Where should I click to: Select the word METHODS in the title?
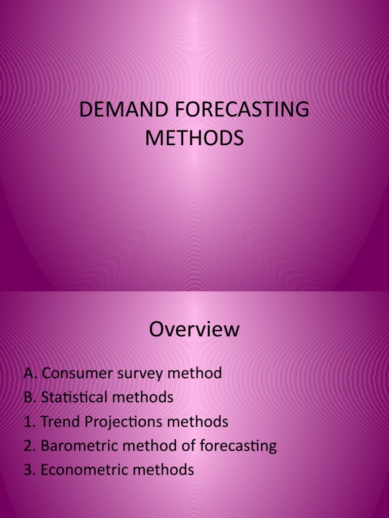pyautogui.click(x=194, y=139)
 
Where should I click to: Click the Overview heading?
pyautogui.click(x=194, y=330)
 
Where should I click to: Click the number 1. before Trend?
pyautogui.click(x=29, y=421)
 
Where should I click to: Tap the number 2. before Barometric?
pyautogui.click(x=29, y=446)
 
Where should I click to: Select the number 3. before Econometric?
pyautogui.click(x=29, y=470)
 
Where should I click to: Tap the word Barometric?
pyautogui.click(x=80, y=446)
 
